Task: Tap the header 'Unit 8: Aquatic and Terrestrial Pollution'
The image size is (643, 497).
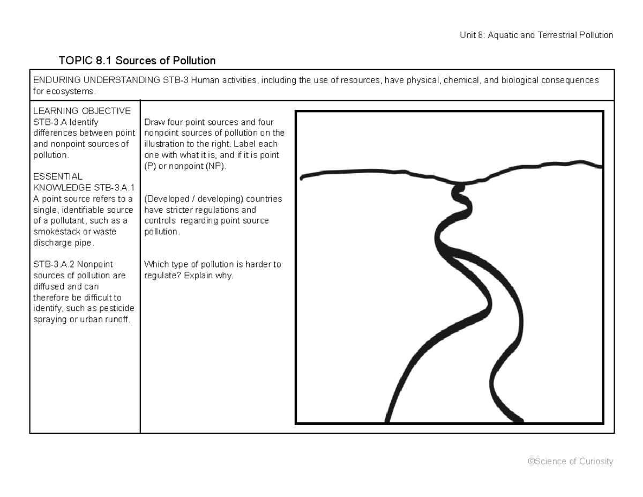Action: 536,35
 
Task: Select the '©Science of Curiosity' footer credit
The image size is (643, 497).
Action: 570,462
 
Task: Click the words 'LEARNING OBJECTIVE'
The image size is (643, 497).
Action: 82,111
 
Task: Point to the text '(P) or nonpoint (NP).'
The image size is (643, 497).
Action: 185,166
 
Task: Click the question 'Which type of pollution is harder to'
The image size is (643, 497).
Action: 213,264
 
